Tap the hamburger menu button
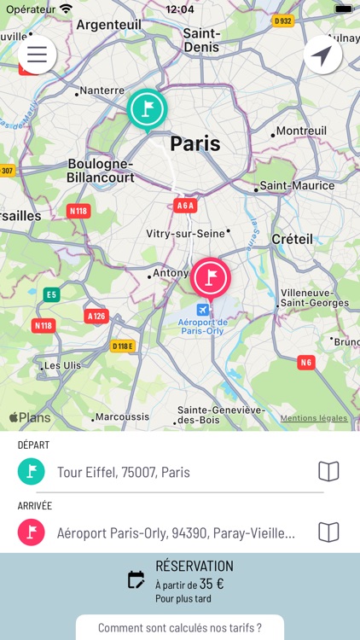tap(37, 55)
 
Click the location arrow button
tap(322, 55)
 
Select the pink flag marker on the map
tap(211, 277)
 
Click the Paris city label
tap(195, 143)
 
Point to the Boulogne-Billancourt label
tap(101, 171)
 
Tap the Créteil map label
tap(293, 239)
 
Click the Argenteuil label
tap(109, 25)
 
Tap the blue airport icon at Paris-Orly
tap(202, 310)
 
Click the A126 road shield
tap(96, 316)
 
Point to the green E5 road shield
tap(52, 294)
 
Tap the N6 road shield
tap(305, 363)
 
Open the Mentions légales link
tap(314, 418)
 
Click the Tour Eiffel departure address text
tap(124, 472)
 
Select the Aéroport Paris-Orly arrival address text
tap(176, 532)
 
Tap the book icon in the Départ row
tap(328, 471)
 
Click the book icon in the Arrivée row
tap(328, 532)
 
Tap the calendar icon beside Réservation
tap(136, 580)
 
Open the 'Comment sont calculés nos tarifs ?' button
tap(180, 628)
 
